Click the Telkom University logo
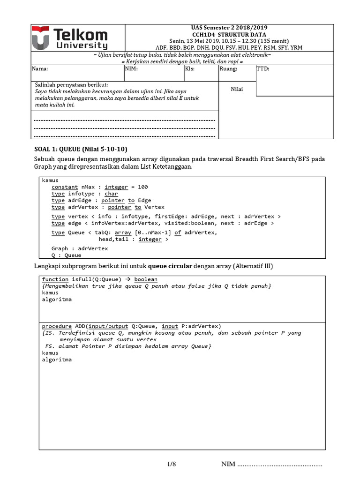[x=69, y=38]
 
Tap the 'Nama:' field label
[x=40, y=68]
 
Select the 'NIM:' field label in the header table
[x=131, y=68]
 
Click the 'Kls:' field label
[x=190, y=68]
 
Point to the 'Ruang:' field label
[x=228, y=68]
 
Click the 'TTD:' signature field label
[x=263, y=68]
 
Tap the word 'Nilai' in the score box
[x=237, y=89]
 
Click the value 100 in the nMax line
[x=142, y=187]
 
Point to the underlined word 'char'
[x=112, y=194]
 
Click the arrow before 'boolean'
[x=128, y=279]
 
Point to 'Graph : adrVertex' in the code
[x=79, y=248]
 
